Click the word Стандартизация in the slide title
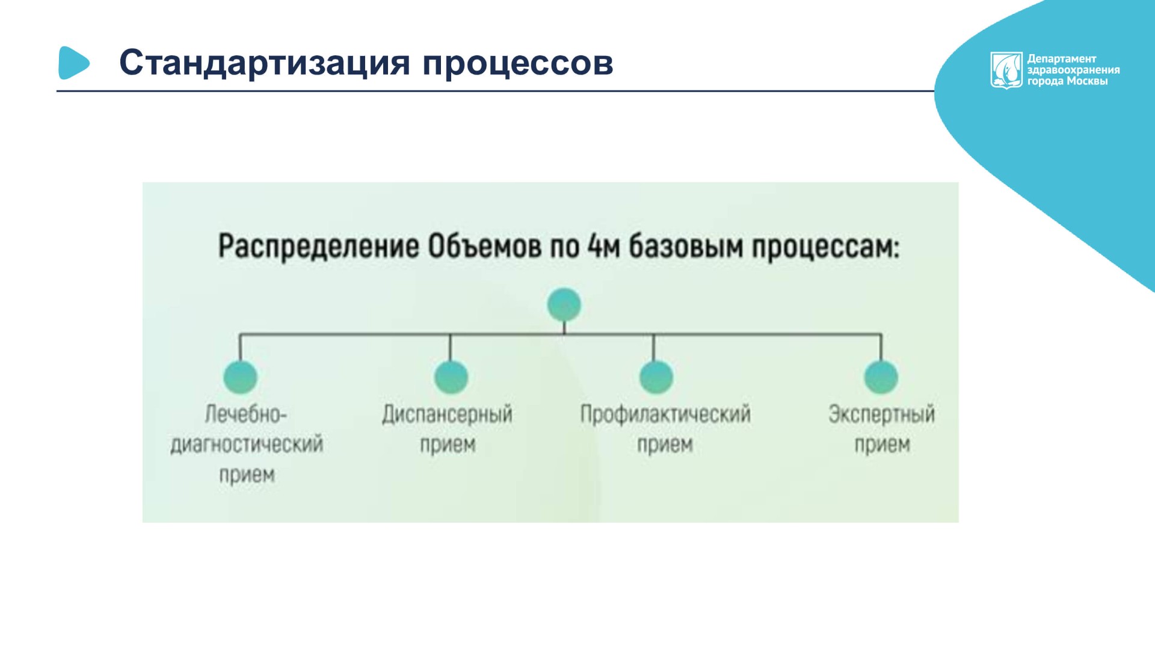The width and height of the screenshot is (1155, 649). coord(265,63)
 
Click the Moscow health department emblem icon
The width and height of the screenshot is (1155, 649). coord(1006,70)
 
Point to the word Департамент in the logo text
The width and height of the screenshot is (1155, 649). coord(1062,59)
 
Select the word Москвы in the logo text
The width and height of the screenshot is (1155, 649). coord(1087,81)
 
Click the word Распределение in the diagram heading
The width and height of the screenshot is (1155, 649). coord(318,247)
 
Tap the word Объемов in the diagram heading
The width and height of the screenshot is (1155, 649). coord(484,247)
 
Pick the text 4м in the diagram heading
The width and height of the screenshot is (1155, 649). coord(603,247)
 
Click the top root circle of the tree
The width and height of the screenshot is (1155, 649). coord(564,304)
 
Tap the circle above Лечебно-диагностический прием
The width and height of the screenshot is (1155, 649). coord(241,377)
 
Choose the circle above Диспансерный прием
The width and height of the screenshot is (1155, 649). coord(451,377)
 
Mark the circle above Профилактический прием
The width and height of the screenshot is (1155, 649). coord(656,377)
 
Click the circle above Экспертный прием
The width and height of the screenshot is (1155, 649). coord(881,377)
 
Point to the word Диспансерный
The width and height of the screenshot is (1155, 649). coord(448,414)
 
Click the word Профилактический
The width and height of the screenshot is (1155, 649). coord(665,414)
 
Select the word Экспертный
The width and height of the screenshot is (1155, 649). coord(882,414)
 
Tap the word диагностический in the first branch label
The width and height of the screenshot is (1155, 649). coord(247,444)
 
